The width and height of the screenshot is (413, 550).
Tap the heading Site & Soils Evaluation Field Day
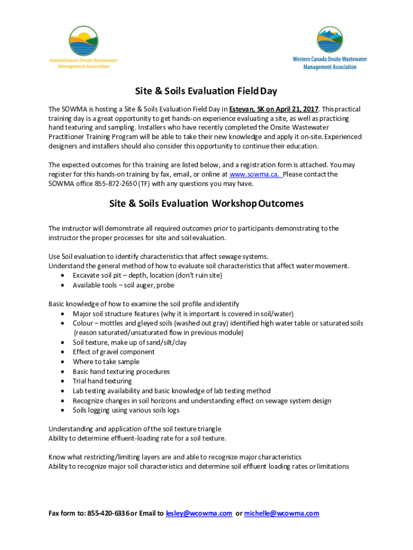(206, 91)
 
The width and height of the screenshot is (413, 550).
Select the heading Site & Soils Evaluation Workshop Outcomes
(206, 204)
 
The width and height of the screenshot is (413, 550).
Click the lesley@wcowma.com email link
(199, 513)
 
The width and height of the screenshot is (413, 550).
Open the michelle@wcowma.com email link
(281, 513)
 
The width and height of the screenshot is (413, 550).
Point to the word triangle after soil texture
(206, 429)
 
